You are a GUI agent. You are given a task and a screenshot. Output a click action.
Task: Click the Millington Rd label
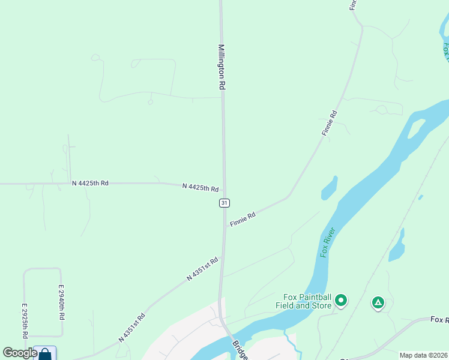tap(221, 67)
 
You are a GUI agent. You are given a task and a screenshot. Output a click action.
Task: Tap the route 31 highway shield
tap(224, 203)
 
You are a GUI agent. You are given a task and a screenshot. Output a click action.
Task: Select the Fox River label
tap(327, 242)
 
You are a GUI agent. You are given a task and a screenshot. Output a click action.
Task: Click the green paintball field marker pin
tap(341, 299)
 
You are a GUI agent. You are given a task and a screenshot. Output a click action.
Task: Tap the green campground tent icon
tap(378, 303)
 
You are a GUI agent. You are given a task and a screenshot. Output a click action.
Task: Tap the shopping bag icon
tap(45, 354)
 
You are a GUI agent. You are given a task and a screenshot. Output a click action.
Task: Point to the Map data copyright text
tap(424, 355)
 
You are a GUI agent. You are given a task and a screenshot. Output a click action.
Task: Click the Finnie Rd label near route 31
tap(243, 219)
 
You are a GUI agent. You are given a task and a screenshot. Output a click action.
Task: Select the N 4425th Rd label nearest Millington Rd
tap(200, 188)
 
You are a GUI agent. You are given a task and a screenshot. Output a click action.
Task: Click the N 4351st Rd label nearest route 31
tap(203, 268)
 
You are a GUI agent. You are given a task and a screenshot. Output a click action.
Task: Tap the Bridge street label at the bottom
tap(240, 350)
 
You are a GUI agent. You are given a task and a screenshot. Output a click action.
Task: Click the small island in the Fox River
tap(415, 128)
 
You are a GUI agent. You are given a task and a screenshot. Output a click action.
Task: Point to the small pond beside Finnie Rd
tap(329, 188)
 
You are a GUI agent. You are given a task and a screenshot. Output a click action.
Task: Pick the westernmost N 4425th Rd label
tap(90, 183)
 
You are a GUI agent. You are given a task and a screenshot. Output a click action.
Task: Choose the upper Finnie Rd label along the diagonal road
tap(330, 123)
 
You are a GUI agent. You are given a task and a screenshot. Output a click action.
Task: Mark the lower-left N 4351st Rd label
tap(131, 327)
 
